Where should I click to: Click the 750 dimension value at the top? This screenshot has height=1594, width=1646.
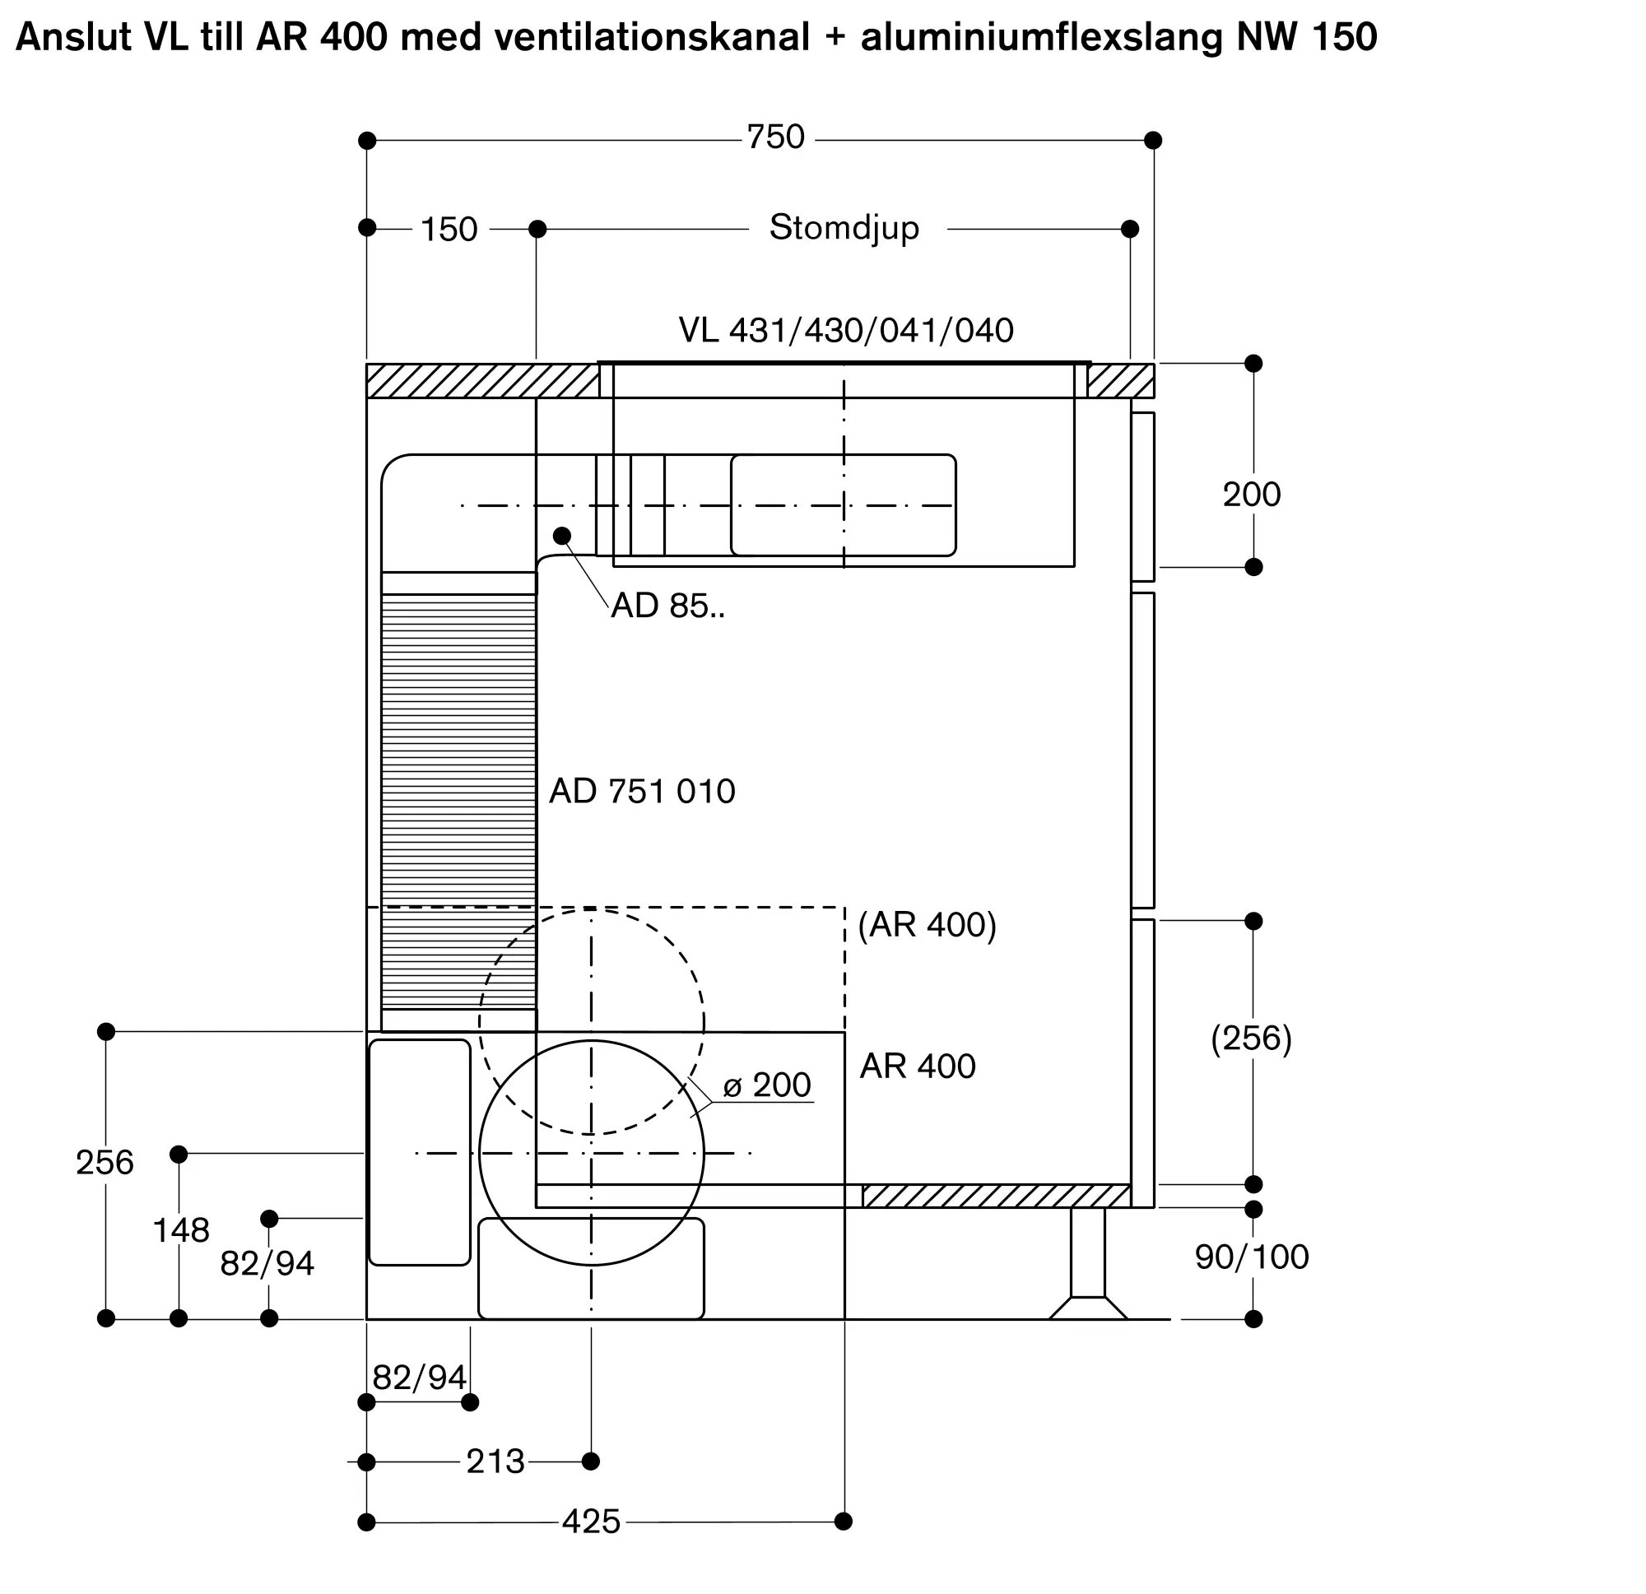(x=776, y=137)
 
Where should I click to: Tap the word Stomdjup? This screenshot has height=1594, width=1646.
(x=844, y=229)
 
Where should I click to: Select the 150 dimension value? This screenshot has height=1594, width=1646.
(x=449, y=230)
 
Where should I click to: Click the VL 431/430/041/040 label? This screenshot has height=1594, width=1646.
(x=846, y=331)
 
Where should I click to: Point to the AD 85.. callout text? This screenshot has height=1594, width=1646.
(x=667, y=606)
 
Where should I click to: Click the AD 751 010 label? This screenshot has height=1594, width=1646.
(x=643, y=791)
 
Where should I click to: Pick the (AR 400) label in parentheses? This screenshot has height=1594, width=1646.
(x=928, y=925)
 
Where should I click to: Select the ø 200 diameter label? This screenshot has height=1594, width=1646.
(x=767, y=1085)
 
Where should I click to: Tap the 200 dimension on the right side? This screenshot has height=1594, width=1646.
(x=1251, y=495)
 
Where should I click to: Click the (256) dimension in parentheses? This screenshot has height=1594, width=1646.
(x=1251, y=1039)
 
